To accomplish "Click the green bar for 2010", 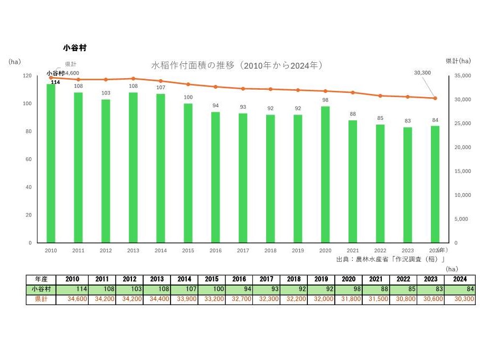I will [51, 164].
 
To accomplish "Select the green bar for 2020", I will [325, 174].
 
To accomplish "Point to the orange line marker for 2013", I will [133, 79].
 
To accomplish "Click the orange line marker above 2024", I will [435, 98].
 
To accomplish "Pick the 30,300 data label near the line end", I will [423, 72].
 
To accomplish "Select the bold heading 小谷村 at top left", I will [74, 48].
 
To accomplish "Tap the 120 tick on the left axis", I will [27, 76].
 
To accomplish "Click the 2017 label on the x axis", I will [243, 251].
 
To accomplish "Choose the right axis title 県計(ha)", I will [458, 61].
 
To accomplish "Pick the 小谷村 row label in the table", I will [41, 289].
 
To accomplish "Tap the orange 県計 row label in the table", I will [41, 299].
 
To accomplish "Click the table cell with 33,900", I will [183, 299].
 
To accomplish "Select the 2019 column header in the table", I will [321, 279].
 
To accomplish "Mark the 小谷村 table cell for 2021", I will [376, 289].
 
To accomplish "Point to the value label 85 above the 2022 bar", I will [380, 118].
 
